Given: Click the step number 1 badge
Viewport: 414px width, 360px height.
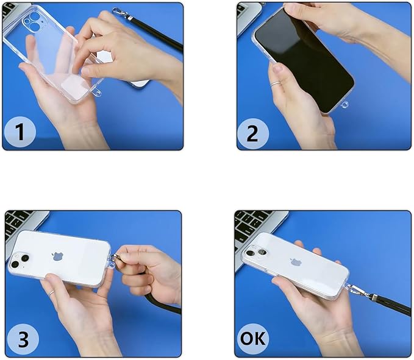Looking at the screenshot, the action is (20, 132).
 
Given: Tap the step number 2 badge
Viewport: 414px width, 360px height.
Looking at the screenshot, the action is (252, 133).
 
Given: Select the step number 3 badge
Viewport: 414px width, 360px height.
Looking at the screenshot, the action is (23, 339).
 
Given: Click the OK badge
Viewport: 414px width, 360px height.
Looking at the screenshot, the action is (253, 338).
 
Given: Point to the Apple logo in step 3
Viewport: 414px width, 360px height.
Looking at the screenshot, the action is (57, 256).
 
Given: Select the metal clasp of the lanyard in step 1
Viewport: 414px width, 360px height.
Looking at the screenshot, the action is (121, 14).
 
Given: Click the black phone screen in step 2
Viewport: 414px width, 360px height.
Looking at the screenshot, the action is (304, 59).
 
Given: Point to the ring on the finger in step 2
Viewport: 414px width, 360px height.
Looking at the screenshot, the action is (274, 84).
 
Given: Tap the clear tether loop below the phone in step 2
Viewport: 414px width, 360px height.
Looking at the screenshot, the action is (344, 105).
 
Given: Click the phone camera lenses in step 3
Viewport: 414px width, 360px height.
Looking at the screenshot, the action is (19, 261).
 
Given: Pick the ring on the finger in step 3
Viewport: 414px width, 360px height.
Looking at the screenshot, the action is (51, 292).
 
